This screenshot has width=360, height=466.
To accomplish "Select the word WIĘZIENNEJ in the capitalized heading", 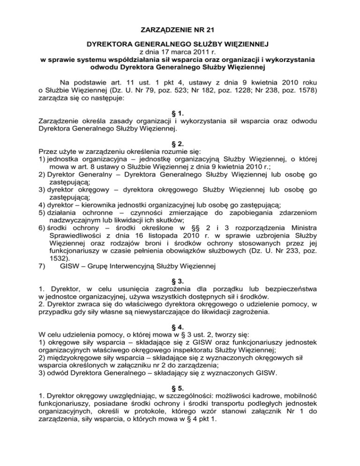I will click(x=240, y=45).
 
